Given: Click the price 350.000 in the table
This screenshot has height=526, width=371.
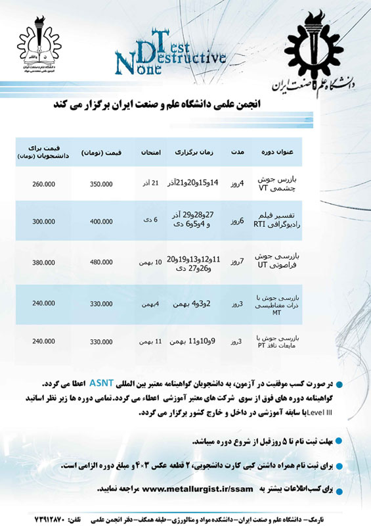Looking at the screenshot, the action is click(101, 184).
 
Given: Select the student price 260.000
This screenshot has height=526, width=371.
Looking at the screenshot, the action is click(43, 184).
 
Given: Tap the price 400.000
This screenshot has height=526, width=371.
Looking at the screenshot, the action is click(101, 223).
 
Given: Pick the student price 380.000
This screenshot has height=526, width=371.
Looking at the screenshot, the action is click(43, 263).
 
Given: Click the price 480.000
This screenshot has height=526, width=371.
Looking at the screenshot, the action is click(101, 263).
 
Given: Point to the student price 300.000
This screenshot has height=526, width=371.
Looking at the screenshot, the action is click(43, 223).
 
